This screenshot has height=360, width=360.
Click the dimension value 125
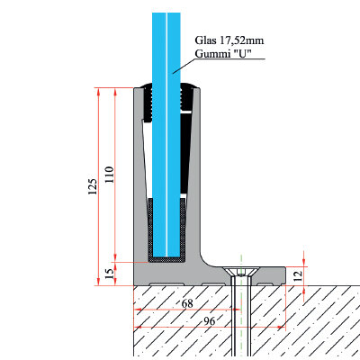pos(93,186)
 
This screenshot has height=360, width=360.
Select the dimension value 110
pos(110,175)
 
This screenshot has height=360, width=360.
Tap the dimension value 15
pos(111,274)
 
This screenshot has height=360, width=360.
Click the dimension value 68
pos(187,303)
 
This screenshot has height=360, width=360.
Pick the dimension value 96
pos(210,321)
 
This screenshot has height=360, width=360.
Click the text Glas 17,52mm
pos(229,40)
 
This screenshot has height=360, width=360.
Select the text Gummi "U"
pos(223,53)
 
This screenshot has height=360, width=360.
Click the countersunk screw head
pos(241,272)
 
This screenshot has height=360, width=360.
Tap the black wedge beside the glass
pos(185,153)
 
